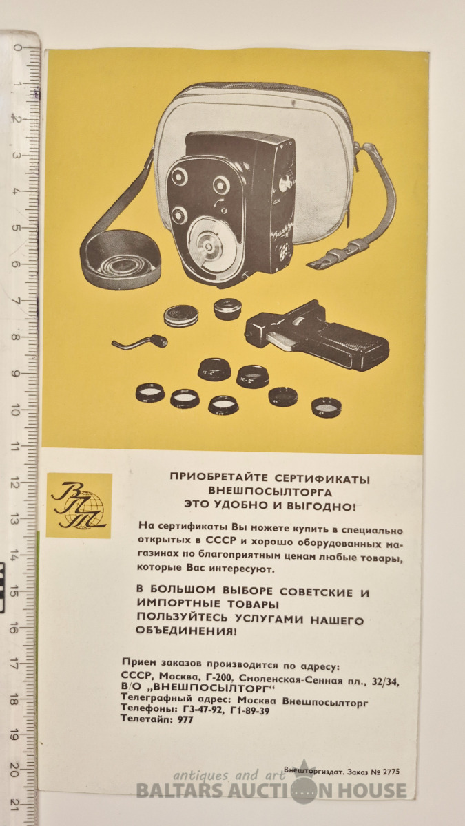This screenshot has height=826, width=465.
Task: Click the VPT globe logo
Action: (79, 505)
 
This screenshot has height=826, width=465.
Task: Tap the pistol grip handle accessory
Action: (317, 335)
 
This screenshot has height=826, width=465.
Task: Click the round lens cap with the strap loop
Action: (121, 260)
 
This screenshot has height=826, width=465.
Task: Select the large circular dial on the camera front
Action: (213, 245)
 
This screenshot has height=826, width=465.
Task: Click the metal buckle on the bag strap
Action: (347, 250)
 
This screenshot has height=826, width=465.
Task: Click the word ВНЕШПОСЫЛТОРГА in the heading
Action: (271, 491)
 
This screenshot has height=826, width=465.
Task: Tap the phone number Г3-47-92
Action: (203, 710)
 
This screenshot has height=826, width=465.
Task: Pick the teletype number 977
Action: (185, 719)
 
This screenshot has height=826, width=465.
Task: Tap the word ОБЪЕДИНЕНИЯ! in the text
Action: (185, 631)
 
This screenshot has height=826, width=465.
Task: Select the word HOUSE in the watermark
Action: (373, 791)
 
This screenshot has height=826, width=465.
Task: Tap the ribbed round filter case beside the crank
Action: (180, 316)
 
